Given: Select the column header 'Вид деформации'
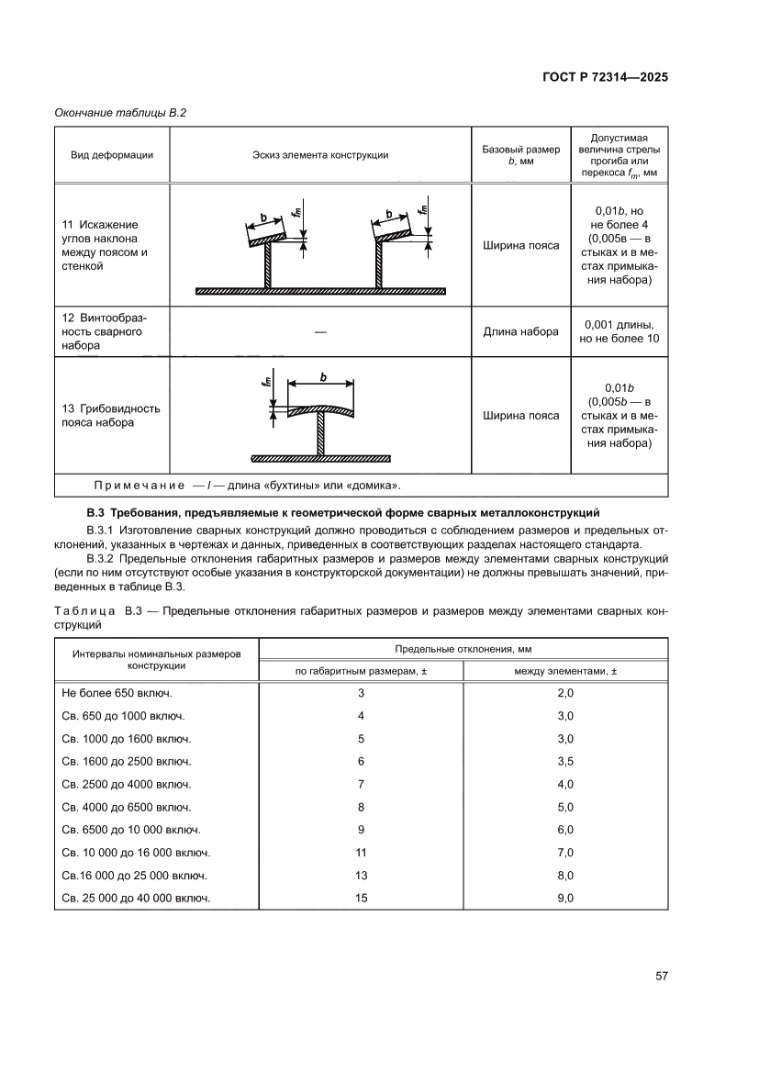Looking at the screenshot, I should (112, 154).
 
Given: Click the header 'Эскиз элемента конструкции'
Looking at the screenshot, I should (320, 154).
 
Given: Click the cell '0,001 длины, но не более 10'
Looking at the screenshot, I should (619, 331).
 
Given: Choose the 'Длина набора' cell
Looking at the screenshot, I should (520, 331).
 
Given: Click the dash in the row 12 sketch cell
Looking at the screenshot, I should (320, 331).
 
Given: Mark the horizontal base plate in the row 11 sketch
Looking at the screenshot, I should (320, 291).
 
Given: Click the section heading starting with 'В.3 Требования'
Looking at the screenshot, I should (342, 509).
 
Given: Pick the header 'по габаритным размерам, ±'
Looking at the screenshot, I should (362, 671).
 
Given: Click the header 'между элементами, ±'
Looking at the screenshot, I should (565, 671).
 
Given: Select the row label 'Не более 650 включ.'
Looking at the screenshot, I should (117, 693).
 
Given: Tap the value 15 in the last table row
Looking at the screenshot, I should (362, 898).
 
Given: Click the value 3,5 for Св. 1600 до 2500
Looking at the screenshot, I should (565, 761).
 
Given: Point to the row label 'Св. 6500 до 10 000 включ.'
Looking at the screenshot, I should (132, 830).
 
